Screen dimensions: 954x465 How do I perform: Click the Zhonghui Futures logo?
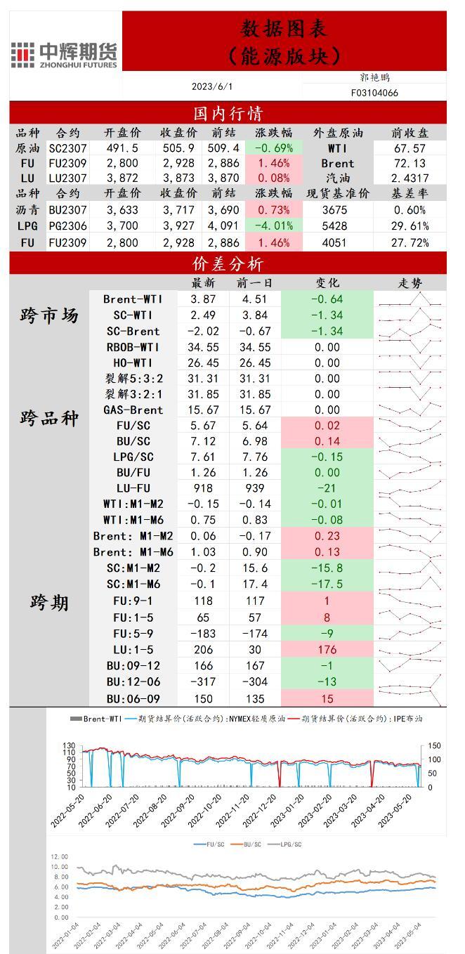click(x=65, y=53)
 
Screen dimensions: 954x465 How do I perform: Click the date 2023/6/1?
click(x=212, y=86)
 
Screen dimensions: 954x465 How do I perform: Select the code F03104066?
click(x=374, y=93)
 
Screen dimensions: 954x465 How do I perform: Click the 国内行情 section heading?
click(x=228, y=113)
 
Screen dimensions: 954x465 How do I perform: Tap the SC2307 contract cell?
click(x=67, y=148)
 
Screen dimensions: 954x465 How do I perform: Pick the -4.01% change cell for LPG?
click(x=273, y=226)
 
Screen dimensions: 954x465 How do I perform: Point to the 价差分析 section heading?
click(x=228, y=263)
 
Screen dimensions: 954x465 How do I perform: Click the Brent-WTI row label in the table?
click(x=133, y=299)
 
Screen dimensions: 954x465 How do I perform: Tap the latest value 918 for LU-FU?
click(x=204, y=488)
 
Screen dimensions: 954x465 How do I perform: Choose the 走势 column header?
click(x=410, y=283)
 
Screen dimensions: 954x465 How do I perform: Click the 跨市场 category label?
click(x=49, y=315)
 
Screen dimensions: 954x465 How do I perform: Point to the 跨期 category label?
click(x=49, y=602)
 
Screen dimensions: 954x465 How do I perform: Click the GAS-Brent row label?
click(x=133, y=410)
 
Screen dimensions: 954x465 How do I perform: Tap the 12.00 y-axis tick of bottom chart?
click(x=60, y=857)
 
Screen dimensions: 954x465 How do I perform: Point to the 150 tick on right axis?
click(x=433, y=745)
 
